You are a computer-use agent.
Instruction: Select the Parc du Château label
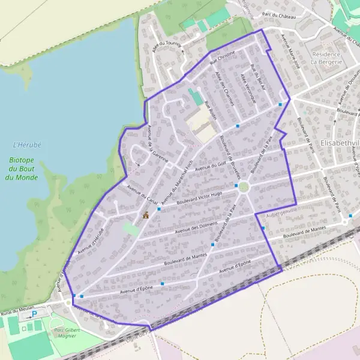coord(280,17)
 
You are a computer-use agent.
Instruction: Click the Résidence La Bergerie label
coord(325,57)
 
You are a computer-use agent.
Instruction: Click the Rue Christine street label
coord(222,58)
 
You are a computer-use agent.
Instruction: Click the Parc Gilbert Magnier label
coord(67,332)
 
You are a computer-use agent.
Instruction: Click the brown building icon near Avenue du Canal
coord(145,215)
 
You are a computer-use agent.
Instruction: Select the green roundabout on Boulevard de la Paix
coord(244,187)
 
